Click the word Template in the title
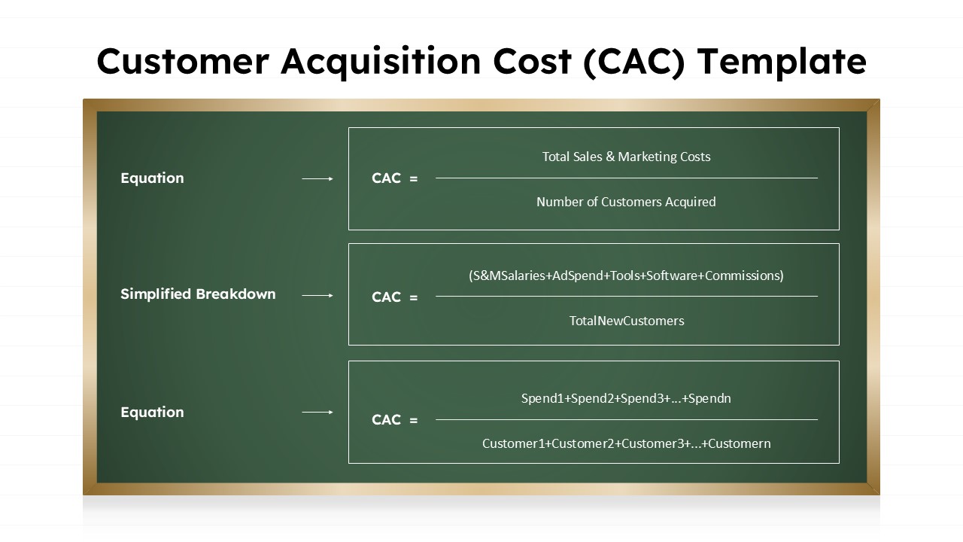(x=782, y=62)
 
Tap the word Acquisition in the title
(x=381, y=62)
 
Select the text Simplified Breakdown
(x=198, y=294)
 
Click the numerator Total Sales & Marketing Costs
(x=626, y=157)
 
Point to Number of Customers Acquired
(x=626, y=202)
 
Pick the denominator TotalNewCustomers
(x=627, y=321)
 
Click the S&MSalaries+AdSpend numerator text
(x=626, y=276)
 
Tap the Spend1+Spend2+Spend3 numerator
(x=626, y=398)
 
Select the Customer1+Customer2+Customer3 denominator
(x=626, y=443)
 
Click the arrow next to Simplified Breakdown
(x=317, y=295)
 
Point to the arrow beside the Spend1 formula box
(x=317, y=413)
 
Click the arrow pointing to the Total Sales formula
(x=317, y=178)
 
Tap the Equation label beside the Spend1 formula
(x=152, y=413)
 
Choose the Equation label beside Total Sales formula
(x=152, y=178)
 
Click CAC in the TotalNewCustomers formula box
(x=386, y=297)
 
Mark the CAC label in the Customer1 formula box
(x=386, y=420)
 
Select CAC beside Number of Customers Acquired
(x=386, y=178)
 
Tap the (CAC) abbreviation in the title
(x=634, y=62)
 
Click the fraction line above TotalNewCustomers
(x=626, y=296)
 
